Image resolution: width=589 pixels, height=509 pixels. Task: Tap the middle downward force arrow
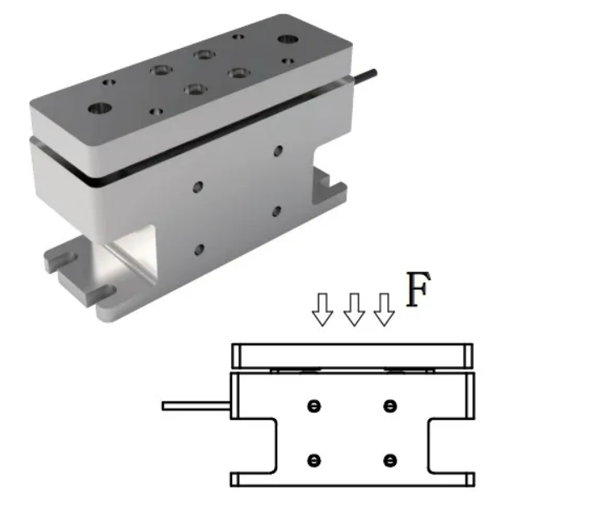[x=353, y=310]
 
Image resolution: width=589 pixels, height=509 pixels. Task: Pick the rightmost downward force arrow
[x=384, y=310]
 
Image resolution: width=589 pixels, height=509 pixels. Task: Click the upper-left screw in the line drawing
[x=314, y=406]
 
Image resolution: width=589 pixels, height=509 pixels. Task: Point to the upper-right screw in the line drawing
[x=389, y=406]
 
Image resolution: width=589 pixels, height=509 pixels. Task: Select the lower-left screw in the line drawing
[x=314, y=459]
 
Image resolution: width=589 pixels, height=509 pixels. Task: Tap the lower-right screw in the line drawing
[x=389, y=459]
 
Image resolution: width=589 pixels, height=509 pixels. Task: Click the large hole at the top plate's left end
[x=99, y=108]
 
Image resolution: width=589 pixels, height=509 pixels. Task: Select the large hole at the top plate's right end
[x=287, y=39]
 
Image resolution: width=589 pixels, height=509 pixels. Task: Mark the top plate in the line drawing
[x=353, y=354]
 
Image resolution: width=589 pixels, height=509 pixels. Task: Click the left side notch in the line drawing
[x=255, y=446]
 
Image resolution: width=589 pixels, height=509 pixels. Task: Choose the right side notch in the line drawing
[x=450, y=446]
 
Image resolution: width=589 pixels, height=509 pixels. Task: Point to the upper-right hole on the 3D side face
[x=278, y=152]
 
